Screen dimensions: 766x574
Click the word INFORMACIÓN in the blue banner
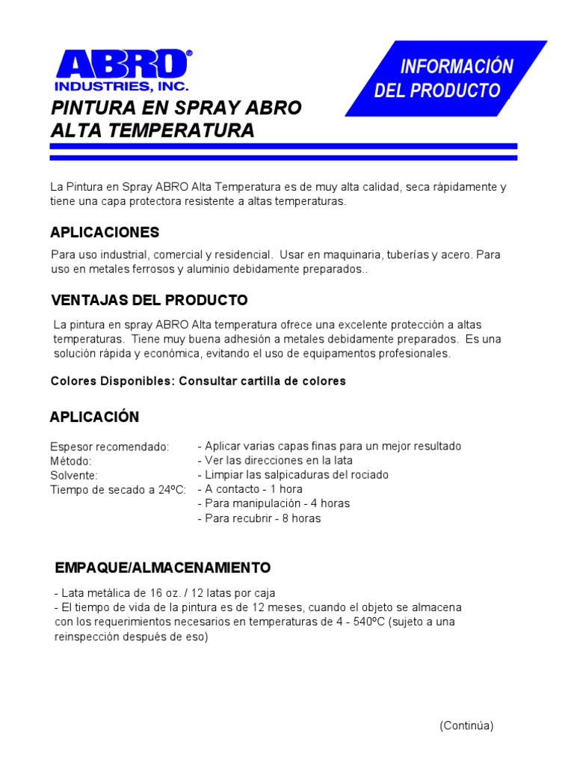point(457,67)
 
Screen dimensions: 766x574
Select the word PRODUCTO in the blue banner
point(463,91)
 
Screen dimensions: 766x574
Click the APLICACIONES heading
point(105,233)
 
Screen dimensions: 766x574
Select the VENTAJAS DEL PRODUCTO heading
point(149,301)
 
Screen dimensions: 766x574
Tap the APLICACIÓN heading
point(94,417)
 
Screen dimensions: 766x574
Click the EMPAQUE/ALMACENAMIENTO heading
point(163,567)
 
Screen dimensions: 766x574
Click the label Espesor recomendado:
point(109,447)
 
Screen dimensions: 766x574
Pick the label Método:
point(71,461)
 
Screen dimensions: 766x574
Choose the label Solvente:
point(74,475)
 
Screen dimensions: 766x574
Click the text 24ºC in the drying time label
point(171,490)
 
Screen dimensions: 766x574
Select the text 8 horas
point(301,518)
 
